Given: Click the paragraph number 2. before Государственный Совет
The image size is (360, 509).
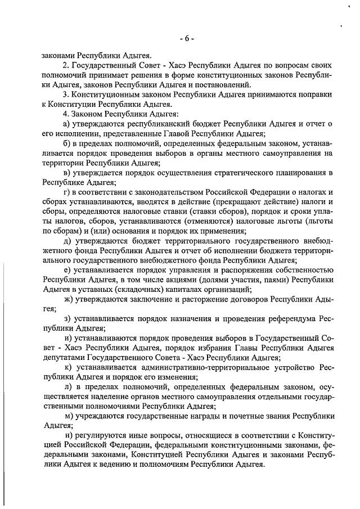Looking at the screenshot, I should [x=66, y=65].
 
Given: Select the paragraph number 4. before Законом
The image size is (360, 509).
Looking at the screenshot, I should [x=66, y=114].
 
